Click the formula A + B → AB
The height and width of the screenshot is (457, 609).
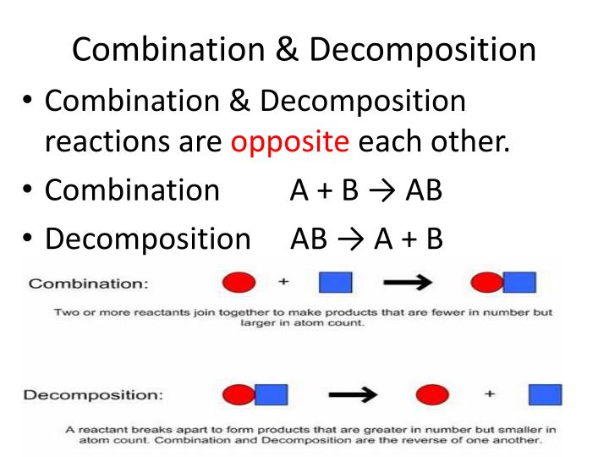click(x=365, y=190)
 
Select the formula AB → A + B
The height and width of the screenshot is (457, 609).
click(x=365, y=239)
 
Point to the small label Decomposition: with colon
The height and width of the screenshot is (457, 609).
click(x=92, y=394)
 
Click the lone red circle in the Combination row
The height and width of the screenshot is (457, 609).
click(x=239, y=283)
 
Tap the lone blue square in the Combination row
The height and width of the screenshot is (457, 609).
click(x=335, y=282)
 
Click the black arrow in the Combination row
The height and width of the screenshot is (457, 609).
click(x=411, y=282)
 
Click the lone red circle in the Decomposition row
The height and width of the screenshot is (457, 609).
click(x=433, y=395)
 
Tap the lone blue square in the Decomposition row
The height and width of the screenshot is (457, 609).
click(x=546, y=395)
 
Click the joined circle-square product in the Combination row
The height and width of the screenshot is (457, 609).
click(x=503, y=282)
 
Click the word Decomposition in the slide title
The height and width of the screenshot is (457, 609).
click(x=422, y=49)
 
